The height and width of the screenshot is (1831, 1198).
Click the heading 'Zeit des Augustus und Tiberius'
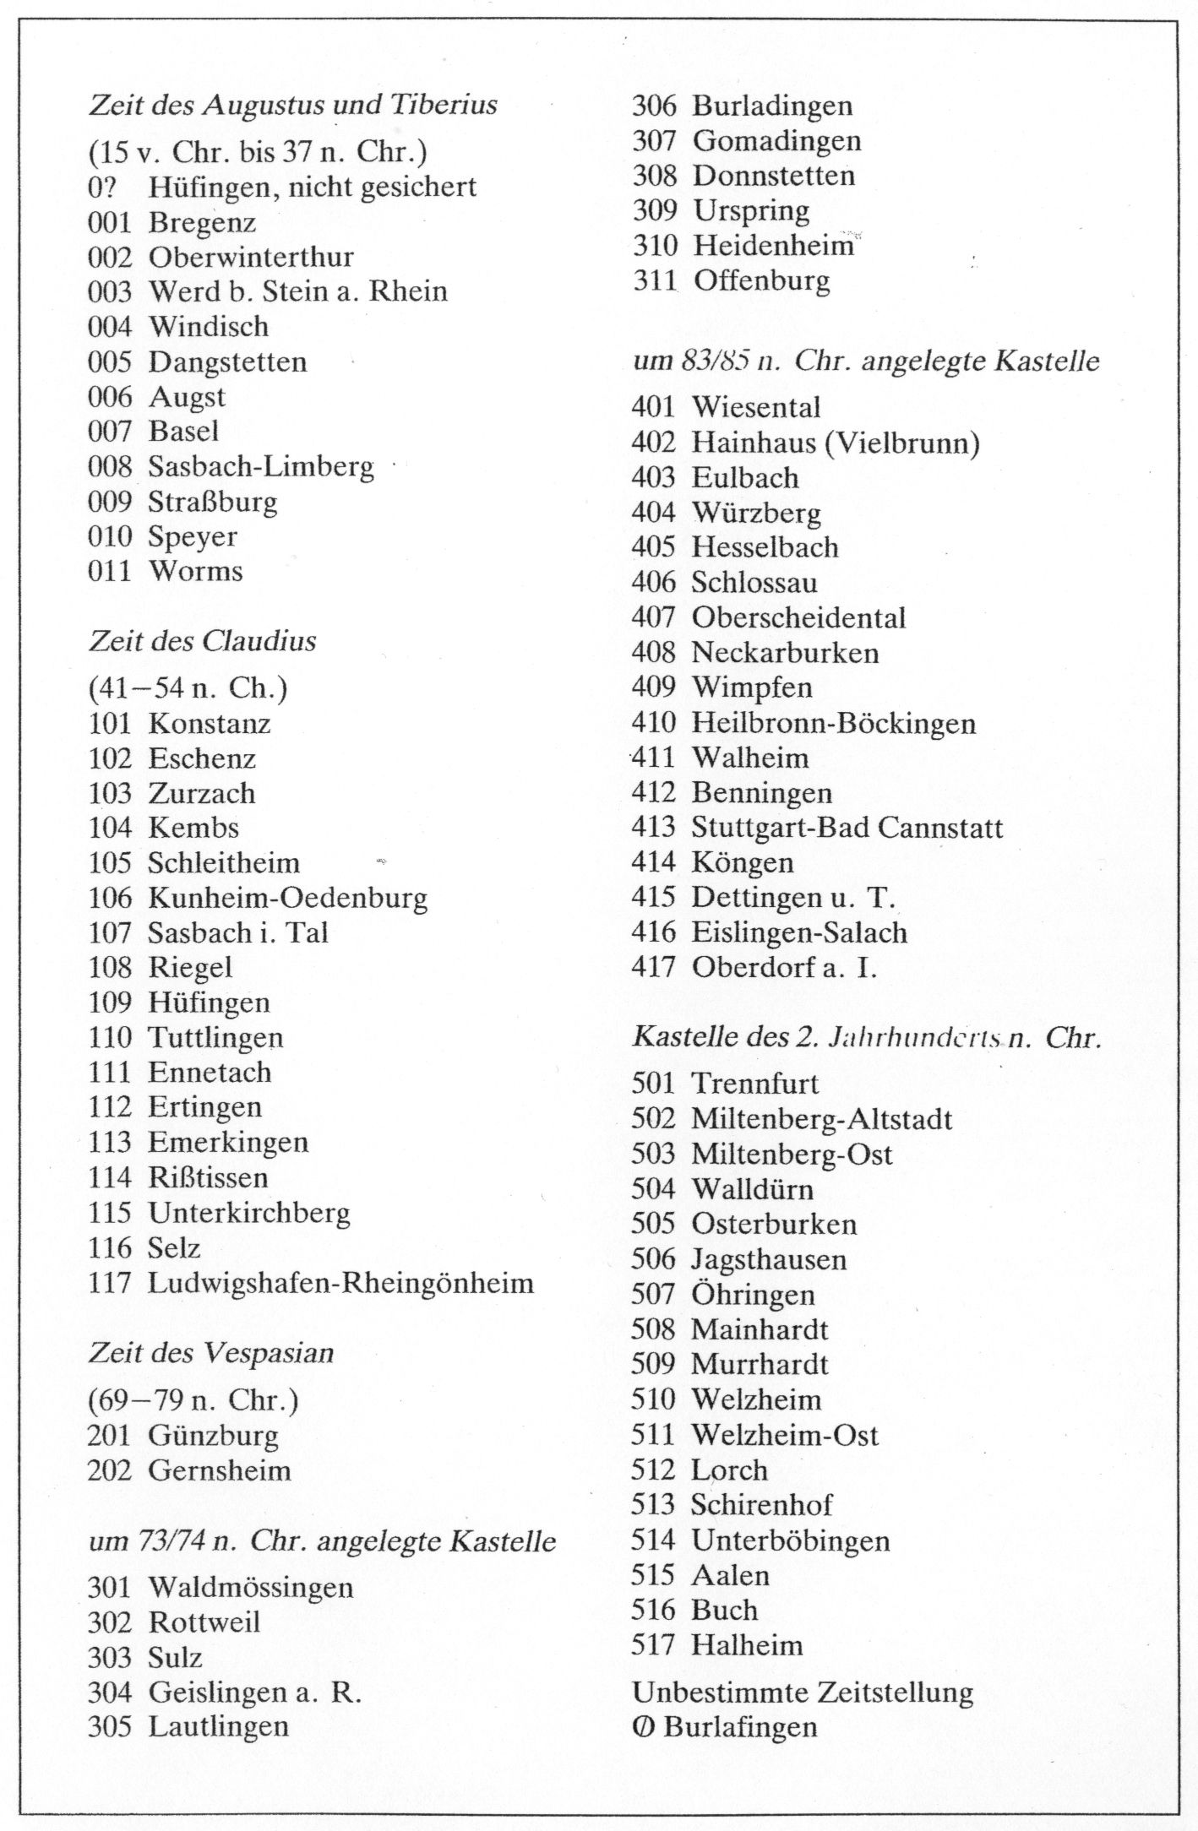[292, 106]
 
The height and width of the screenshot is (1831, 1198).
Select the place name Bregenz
[202, 222]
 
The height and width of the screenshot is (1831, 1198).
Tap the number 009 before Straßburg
[110, 502]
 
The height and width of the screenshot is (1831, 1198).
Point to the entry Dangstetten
[227, 362]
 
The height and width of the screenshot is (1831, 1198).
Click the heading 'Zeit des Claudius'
[203, 641]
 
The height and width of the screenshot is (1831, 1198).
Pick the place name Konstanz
[210, 724]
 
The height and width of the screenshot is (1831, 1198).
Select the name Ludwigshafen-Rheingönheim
[340, 1283]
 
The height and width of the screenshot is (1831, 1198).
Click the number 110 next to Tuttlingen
[110, 1037]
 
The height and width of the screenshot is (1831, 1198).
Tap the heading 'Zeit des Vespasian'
[211, 1353]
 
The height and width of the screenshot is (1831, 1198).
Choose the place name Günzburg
[213, 1435]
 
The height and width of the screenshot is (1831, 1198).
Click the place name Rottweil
[204, 1622]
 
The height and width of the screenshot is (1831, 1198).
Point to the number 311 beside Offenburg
[655, 280]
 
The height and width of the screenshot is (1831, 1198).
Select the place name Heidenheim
[773, 246]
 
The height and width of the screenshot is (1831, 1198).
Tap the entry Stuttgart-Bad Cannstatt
[847, 827]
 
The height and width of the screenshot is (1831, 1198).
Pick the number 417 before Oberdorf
[653, 967]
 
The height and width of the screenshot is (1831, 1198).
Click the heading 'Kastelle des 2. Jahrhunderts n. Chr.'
[866, 1037]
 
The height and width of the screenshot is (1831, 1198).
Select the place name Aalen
[731, 1575]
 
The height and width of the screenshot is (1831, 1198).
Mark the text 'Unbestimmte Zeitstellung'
[803, 1692]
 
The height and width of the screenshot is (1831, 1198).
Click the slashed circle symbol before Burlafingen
[642, 1727]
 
